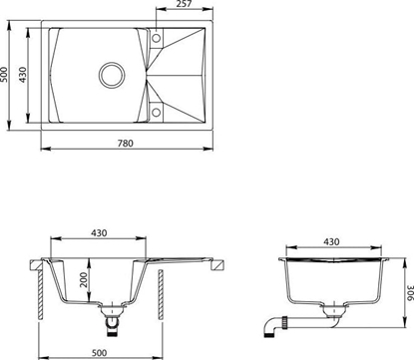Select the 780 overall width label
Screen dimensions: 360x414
pyautogui.click(x=125, y=144)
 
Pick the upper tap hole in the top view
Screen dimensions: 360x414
pyautogui.click(x=156, y=39)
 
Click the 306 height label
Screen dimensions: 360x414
pyautogui.click(x=407, y=290)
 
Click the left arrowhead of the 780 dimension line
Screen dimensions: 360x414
pyautogui.click(x=45, y=151)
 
